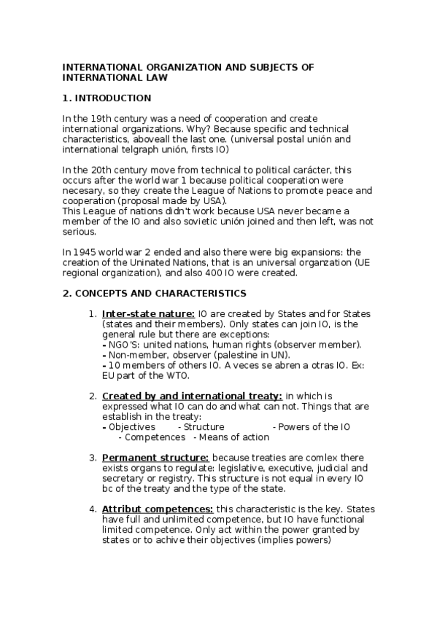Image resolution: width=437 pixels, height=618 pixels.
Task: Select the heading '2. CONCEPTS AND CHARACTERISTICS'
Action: tap(154, 293)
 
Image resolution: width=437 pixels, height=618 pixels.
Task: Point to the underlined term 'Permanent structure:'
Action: tap(145, 457)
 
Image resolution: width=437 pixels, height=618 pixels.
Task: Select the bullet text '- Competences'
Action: tap(152, 437)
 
